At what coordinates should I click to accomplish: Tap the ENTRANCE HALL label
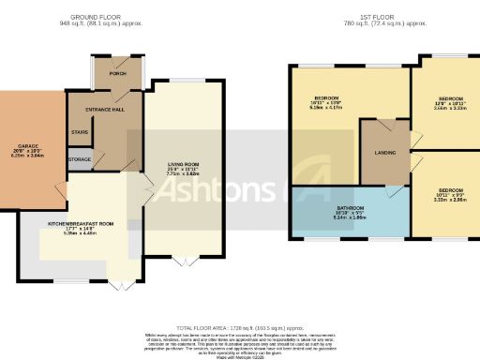point(106,111)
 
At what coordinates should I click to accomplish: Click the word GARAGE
point(26,145)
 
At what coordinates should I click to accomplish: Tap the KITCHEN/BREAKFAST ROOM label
point(81,224)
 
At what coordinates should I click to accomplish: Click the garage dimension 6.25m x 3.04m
point(26,157)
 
